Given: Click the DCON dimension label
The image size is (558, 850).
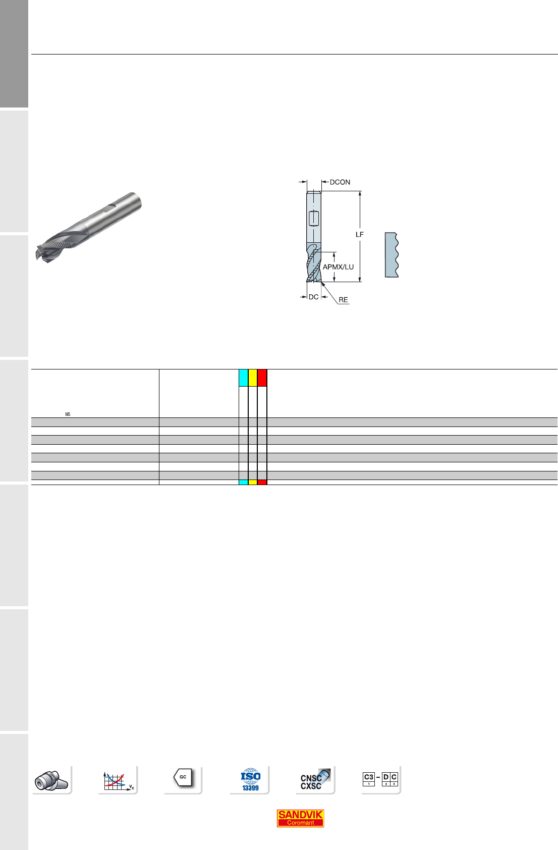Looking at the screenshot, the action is click(340, 182).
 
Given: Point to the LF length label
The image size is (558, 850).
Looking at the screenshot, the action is click(360, 235).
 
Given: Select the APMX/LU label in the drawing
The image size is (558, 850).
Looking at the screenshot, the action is click(338, 267).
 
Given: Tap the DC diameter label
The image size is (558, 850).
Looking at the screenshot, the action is click(314, 297).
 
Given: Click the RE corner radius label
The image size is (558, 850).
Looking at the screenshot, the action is click(343, 300).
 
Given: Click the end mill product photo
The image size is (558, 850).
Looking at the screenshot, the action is click(89, 227).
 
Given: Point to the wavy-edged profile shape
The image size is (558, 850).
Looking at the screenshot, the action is click(392, 254).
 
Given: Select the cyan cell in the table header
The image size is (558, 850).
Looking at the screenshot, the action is click(244, 378).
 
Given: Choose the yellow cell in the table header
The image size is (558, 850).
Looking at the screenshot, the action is click(253, 378).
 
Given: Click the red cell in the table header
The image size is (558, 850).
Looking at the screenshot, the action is click(262, 378).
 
